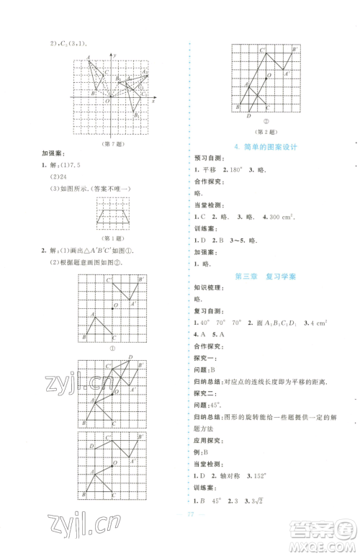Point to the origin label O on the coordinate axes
click(x=106, y=102)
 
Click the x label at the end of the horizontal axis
click(x=153, y=102)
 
